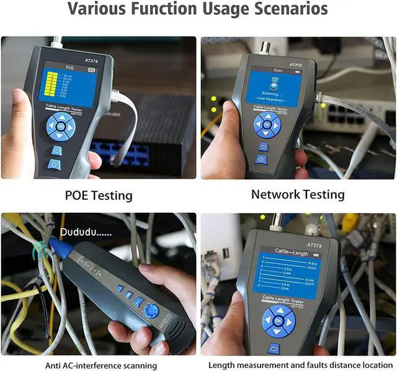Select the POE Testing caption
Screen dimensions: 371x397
point(99,195)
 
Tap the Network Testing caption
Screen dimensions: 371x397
point(297,194)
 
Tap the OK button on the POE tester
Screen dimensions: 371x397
point(61,128)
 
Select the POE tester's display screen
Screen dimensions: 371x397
point(69,85)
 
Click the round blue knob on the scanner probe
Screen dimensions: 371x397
point(151,311)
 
